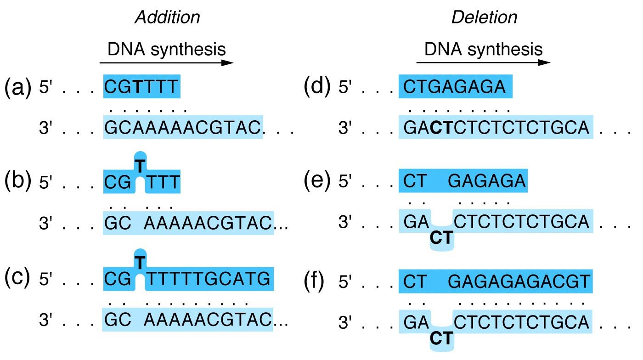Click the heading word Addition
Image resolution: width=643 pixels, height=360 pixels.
coord(167,17)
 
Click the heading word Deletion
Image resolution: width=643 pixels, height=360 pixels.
coord(485,17)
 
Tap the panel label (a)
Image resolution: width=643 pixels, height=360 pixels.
coord(17,87)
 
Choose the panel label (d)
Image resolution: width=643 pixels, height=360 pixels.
coord(317,87)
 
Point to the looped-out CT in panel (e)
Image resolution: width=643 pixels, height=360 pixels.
coord(442,238)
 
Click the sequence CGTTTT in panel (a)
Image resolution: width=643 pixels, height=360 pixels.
coord(141,87)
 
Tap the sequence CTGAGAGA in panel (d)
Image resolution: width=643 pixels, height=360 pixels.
coord(455,87)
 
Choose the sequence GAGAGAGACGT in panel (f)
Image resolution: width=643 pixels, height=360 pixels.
coord(519,281)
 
